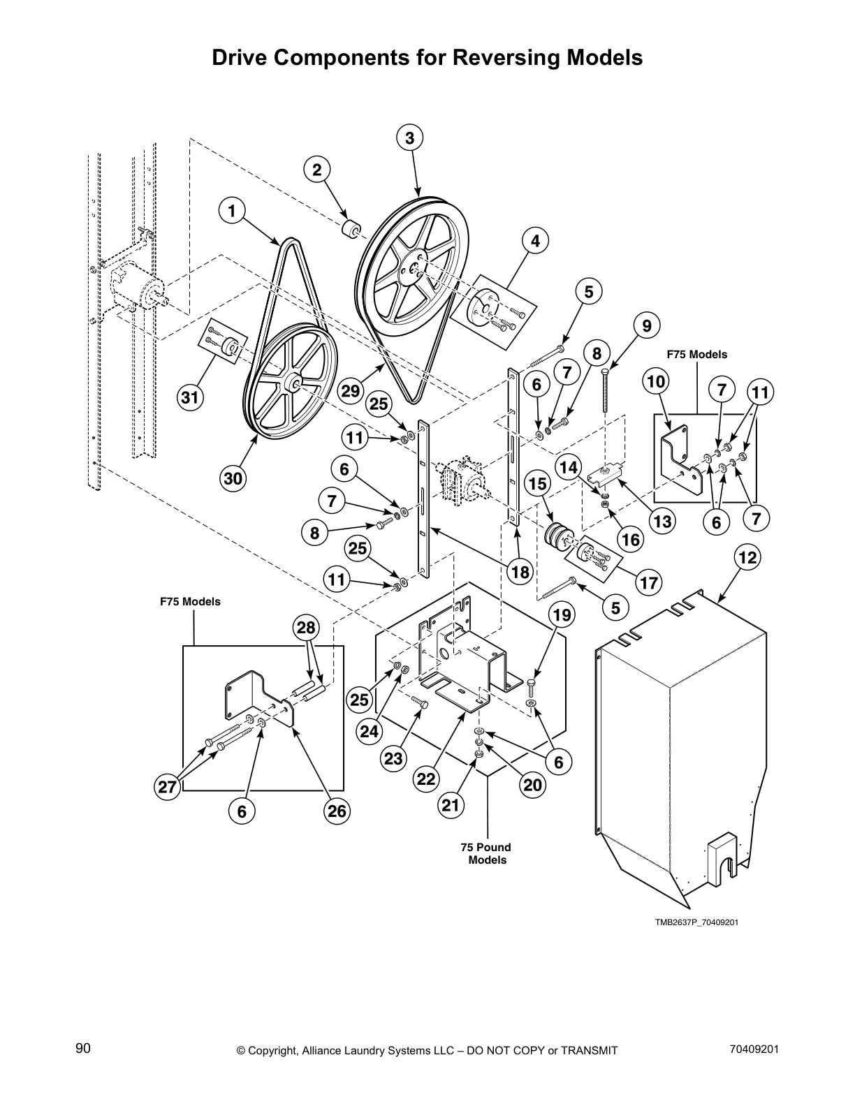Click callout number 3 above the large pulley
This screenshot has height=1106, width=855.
[x=409, y=138]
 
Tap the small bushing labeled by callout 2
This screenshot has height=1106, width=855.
[x=351, y=229]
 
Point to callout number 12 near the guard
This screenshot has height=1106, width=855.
[x=747, y=558]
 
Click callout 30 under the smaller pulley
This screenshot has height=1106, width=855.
[x=233, y=478]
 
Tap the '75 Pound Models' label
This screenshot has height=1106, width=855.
[x=486, y=853]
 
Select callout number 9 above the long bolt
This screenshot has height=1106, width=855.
[x=646, y=325]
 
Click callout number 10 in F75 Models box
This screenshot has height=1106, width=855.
[x=657, y=381]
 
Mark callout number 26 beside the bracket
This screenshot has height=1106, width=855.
[x=337, y=811]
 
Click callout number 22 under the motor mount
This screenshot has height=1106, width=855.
[x=427, y=779]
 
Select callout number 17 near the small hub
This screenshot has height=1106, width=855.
[x=649, y=583]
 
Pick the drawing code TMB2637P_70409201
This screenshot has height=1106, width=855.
[x=696, y=922]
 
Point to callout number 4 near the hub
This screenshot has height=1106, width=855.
[x=535, y=241]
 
